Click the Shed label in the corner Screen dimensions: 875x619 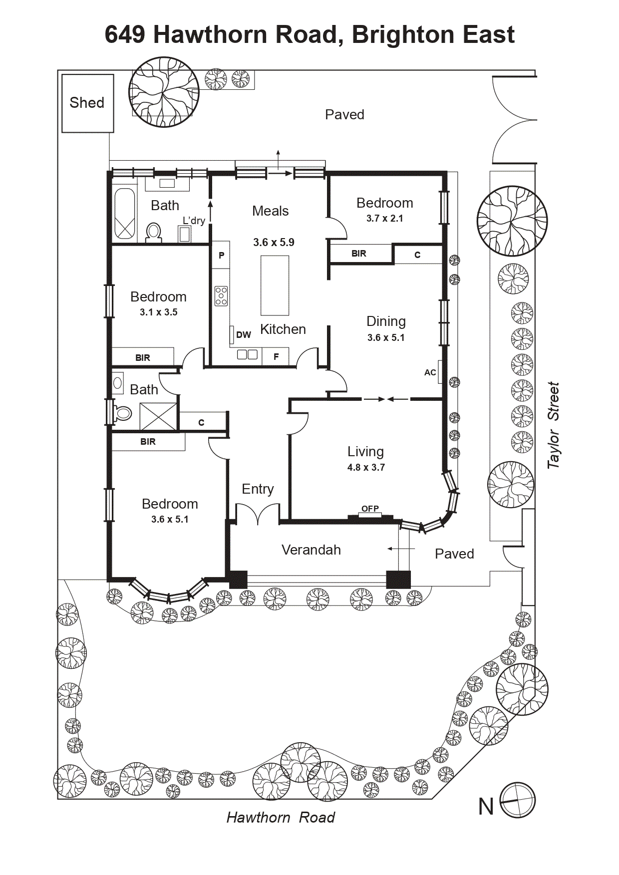click(87, 103)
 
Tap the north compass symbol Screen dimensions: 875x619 click(518, 800)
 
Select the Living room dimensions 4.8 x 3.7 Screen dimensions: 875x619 click(366, 468)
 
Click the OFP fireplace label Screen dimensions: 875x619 click(370, 509)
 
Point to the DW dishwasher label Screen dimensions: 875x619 click(244, 335)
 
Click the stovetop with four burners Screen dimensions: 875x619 click(221, 296)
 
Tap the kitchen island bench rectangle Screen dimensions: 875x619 click(275, 286)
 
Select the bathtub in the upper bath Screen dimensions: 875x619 click(124, 213)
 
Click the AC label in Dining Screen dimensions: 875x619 click(430, 372)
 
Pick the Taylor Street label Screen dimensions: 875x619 click(553, 426)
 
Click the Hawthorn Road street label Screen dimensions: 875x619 click(281, 818)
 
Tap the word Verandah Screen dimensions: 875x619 click(311, 550)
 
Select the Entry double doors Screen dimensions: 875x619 click(258, 514)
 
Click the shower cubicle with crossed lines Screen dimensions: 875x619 click(158, 416)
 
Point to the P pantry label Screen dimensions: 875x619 click(222, 255)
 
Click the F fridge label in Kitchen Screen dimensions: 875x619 click(276, 356)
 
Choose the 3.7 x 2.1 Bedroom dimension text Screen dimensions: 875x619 click(384, 218)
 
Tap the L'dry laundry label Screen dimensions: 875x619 click(194, 221)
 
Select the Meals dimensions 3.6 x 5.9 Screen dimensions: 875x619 click(274, 243)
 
